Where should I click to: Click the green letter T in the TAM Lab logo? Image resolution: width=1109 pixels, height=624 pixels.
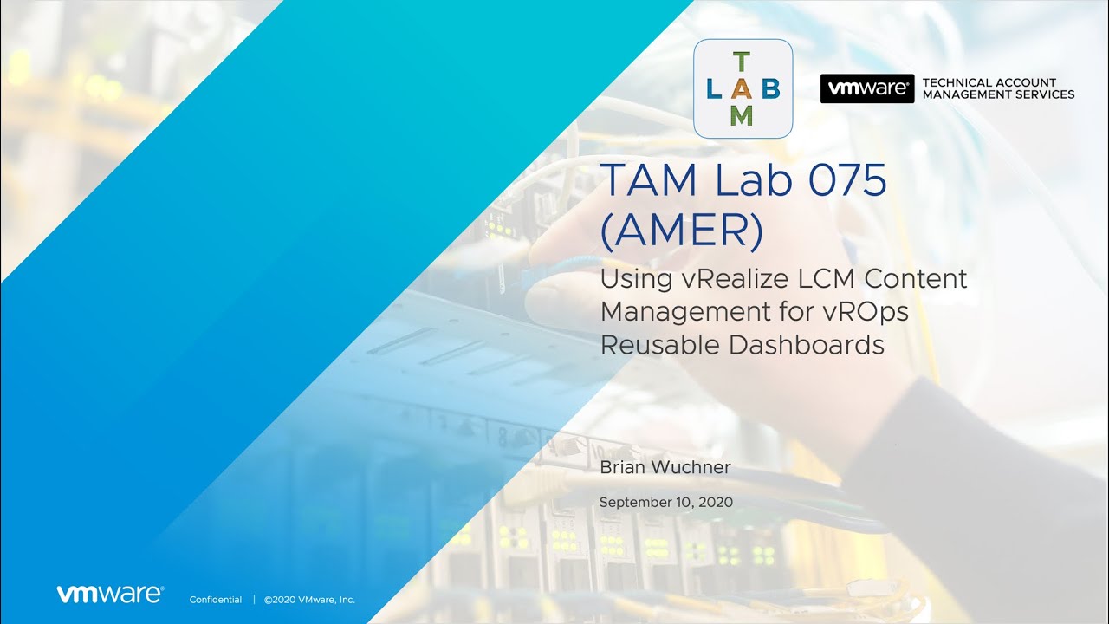click(741, 62)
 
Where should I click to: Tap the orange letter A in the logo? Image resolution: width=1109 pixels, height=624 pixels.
click(742, 89)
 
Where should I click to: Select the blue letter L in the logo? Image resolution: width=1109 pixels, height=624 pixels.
click(713, 89)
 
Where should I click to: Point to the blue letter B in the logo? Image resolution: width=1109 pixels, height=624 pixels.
click(771, 89)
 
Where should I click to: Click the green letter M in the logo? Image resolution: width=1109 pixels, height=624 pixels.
click(742, 116)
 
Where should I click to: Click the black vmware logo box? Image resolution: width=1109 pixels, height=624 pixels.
click(867, 88)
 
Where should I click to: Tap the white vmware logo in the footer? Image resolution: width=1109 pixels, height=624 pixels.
click(110, 595)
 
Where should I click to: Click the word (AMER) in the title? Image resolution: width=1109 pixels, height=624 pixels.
click(681, 231)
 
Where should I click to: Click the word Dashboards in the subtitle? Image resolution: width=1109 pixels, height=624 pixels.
click(807, 345)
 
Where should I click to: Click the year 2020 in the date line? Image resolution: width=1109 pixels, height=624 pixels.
click(716, 502)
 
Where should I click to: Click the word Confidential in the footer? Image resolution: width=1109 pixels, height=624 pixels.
click(216, 600)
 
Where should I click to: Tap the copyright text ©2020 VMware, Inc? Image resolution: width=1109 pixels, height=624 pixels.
click(309, 600)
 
